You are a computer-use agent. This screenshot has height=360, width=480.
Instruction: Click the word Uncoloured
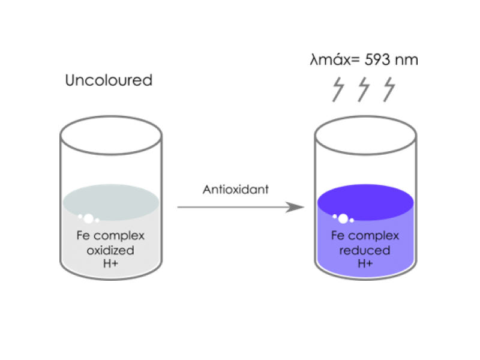(x=109, y=80)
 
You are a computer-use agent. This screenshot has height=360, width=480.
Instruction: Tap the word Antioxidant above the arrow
(x=236, y=190)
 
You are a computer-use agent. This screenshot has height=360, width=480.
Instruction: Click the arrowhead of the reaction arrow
(x=295, y=207)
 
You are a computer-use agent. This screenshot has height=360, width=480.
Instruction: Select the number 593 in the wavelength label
(x=377, y=59)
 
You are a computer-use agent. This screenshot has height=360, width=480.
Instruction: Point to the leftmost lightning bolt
(x=338, y=89)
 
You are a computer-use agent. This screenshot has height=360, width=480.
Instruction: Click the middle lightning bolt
(x=364, y=89)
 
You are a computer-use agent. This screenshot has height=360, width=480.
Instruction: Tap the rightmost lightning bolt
(x=389, y=89)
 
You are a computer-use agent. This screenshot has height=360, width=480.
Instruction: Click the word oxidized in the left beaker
(x=110, y=250)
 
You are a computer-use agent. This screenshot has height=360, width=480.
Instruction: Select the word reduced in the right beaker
(x=365, y=250)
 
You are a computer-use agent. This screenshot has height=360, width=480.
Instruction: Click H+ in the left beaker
(x=110, y=263)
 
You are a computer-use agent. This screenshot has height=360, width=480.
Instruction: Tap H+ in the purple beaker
(x=365, y=263)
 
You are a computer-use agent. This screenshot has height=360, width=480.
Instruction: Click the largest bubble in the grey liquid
(x=89, y=218)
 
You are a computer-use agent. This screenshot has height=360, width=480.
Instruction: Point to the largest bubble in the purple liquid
(x=343, y=218)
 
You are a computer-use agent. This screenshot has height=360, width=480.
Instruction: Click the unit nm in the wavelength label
(x=407, y=60)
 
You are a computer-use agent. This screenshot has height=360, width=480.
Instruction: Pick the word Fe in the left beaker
(x=83, y=235)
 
